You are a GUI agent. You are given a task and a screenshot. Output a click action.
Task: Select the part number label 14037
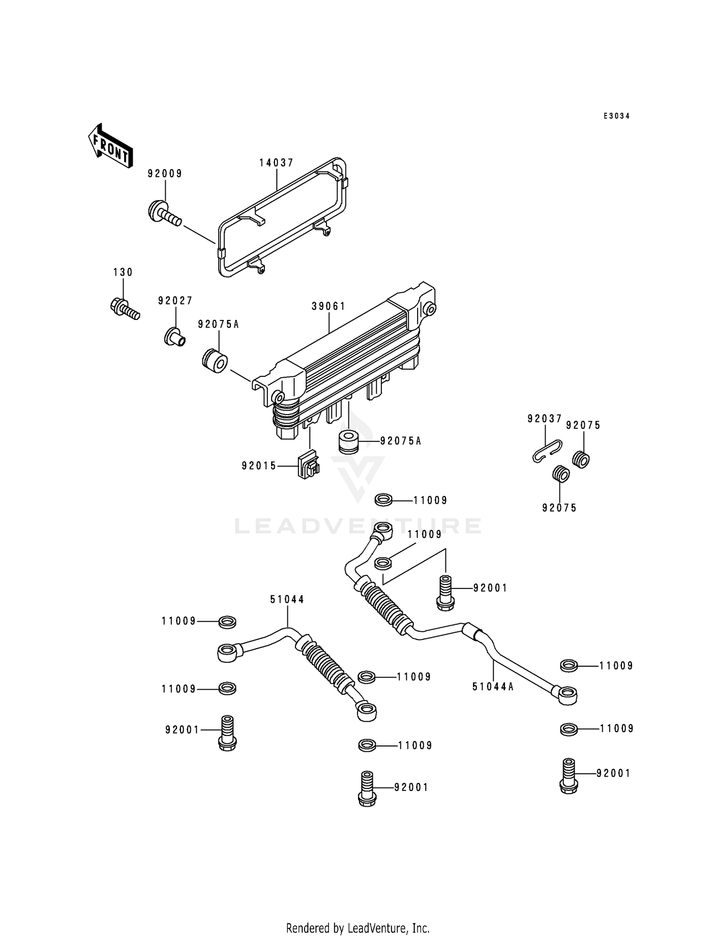[276, 163]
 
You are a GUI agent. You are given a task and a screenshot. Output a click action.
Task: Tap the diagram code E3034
[616, 116]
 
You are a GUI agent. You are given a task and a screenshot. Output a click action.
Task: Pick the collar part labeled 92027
[175, 338]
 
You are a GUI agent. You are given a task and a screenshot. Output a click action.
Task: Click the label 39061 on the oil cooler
[328, 306]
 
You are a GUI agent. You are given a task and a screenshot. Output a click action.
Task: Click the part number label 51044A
[493, 687]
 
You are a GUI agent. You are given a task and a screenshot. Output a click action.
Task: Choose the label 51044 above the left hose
[287, 599]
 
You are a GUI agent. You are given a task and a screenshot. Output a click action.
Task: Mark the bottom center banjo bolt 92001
[367, 789]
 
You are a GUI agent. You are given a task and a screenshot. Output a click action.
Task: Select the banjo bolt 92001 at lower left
[227, 734]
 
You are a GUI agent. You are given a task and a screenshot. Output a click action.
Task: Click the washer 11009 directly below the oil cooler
[383, 500]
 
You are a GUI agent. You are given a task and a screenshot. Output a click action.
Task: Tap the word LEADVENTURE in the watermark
[358, 526]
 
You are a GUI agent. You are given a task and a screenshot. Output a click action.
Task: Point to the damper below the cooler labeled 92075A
[349, 442]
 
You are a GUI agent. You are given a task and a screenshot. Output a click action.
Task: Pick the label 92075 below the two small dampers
[559, 508]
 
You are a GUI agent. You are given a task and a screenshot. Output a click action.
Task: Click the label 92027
[175, 300]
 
